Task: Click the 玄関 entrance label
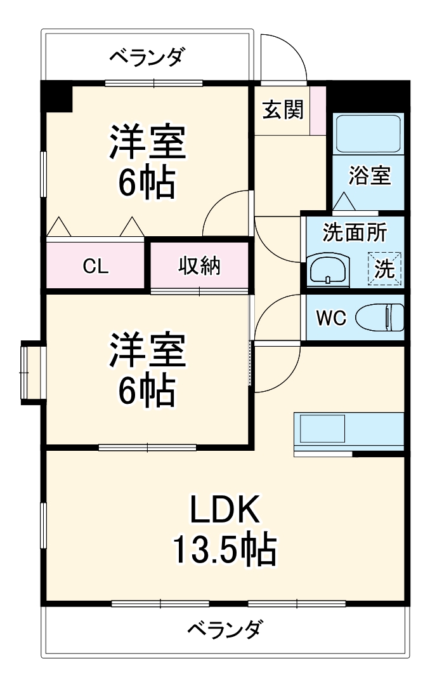click(x=283, y=110)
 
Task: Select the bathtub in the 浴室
click(x=368, y=134)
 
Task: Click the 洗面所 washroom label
click(x=355, y=233)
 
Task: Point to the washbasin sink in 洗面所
click(x=328, y=269)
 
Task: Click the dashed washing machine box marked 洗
click(x=385, y=269)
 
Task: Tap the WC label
click(x=331, y=318)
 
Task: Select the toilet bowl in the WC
click(x=380, y=317)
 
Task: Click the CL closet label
click(x=96, y=267)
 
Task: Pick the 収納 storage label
click(x=199, y=266)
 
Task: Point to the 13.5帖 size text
click(x=225, y=550)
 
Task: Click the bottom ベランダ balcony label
click(x=224, y=630)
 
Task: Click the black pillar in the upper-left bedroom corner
click(x=57, y=96)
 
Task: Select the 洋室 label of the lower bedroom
click(x=147, y=351)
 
